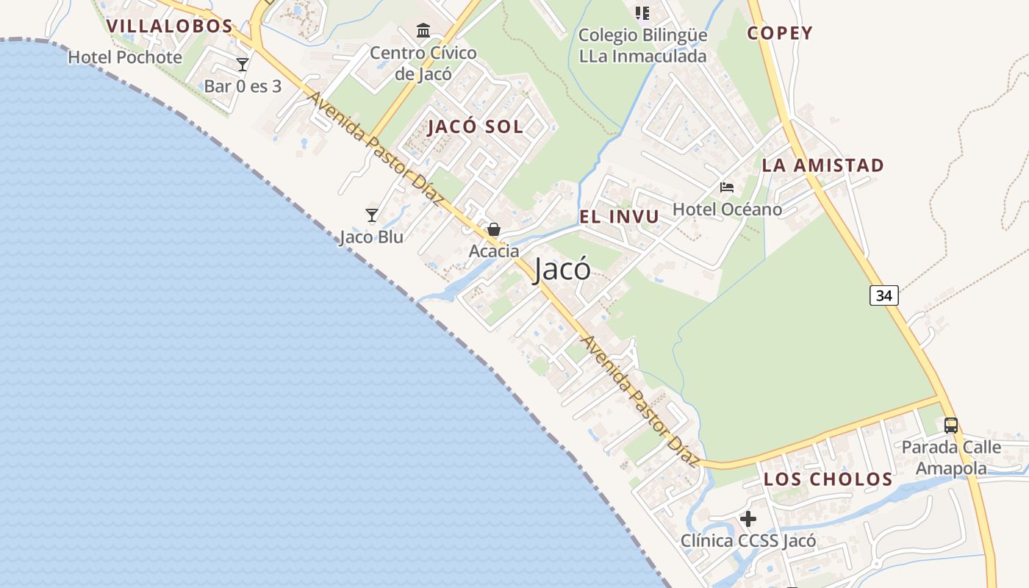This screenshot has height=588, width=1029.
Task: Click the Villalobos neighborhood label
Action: coord(169,26)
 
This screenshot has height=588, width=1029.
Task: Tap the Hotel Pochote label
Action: coord(125,57)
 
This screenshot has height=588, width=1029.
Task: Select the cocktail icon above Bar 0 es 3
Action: coord(243,65)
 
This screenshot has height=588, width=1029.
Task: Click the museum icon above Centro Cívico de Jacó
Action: coord(423,31)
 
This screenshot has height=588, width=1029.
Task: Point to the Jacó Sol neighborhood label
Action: coord(476,126)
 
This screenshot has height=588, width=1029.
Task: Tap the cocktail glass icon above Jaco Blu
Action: coord(372,215)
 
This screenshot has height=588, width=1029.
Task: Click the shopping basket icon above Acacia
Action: coord(494,229)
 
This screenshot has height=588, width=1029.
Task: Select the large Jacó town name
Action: coord(562,270)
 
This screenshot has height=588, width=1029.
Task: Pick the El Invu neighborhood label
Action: coord(619,217)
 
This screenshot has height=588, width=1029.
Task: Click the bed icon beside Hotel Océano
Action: coord(727,187)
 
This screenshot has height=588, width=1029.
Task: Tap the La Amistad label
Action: coord(822,165)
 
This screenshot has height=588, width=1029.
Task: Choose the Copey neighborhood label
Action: coord(780,33)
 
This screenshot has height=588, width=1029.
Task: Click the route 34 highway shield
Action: coord(884,295)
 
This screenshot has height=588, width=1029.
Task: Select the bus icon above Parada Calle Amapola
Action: coord(951,425)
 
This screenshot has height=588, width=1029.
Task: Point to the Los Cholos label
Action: coord(828,479)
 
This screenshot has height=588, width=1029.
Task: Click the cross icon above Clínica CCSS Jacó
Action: coord(748,519)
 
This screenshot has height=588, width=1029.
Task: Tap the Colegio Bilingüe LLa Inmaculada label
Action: coord(642,46)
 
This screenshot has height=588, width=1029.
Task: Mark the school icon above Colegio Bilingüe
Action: coord(642,13)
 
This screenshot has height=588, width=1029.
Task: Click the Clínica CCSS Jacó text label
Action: coord(748,541)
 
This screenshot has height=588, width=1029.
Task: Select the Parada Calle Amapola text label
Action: coord(951,457)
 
